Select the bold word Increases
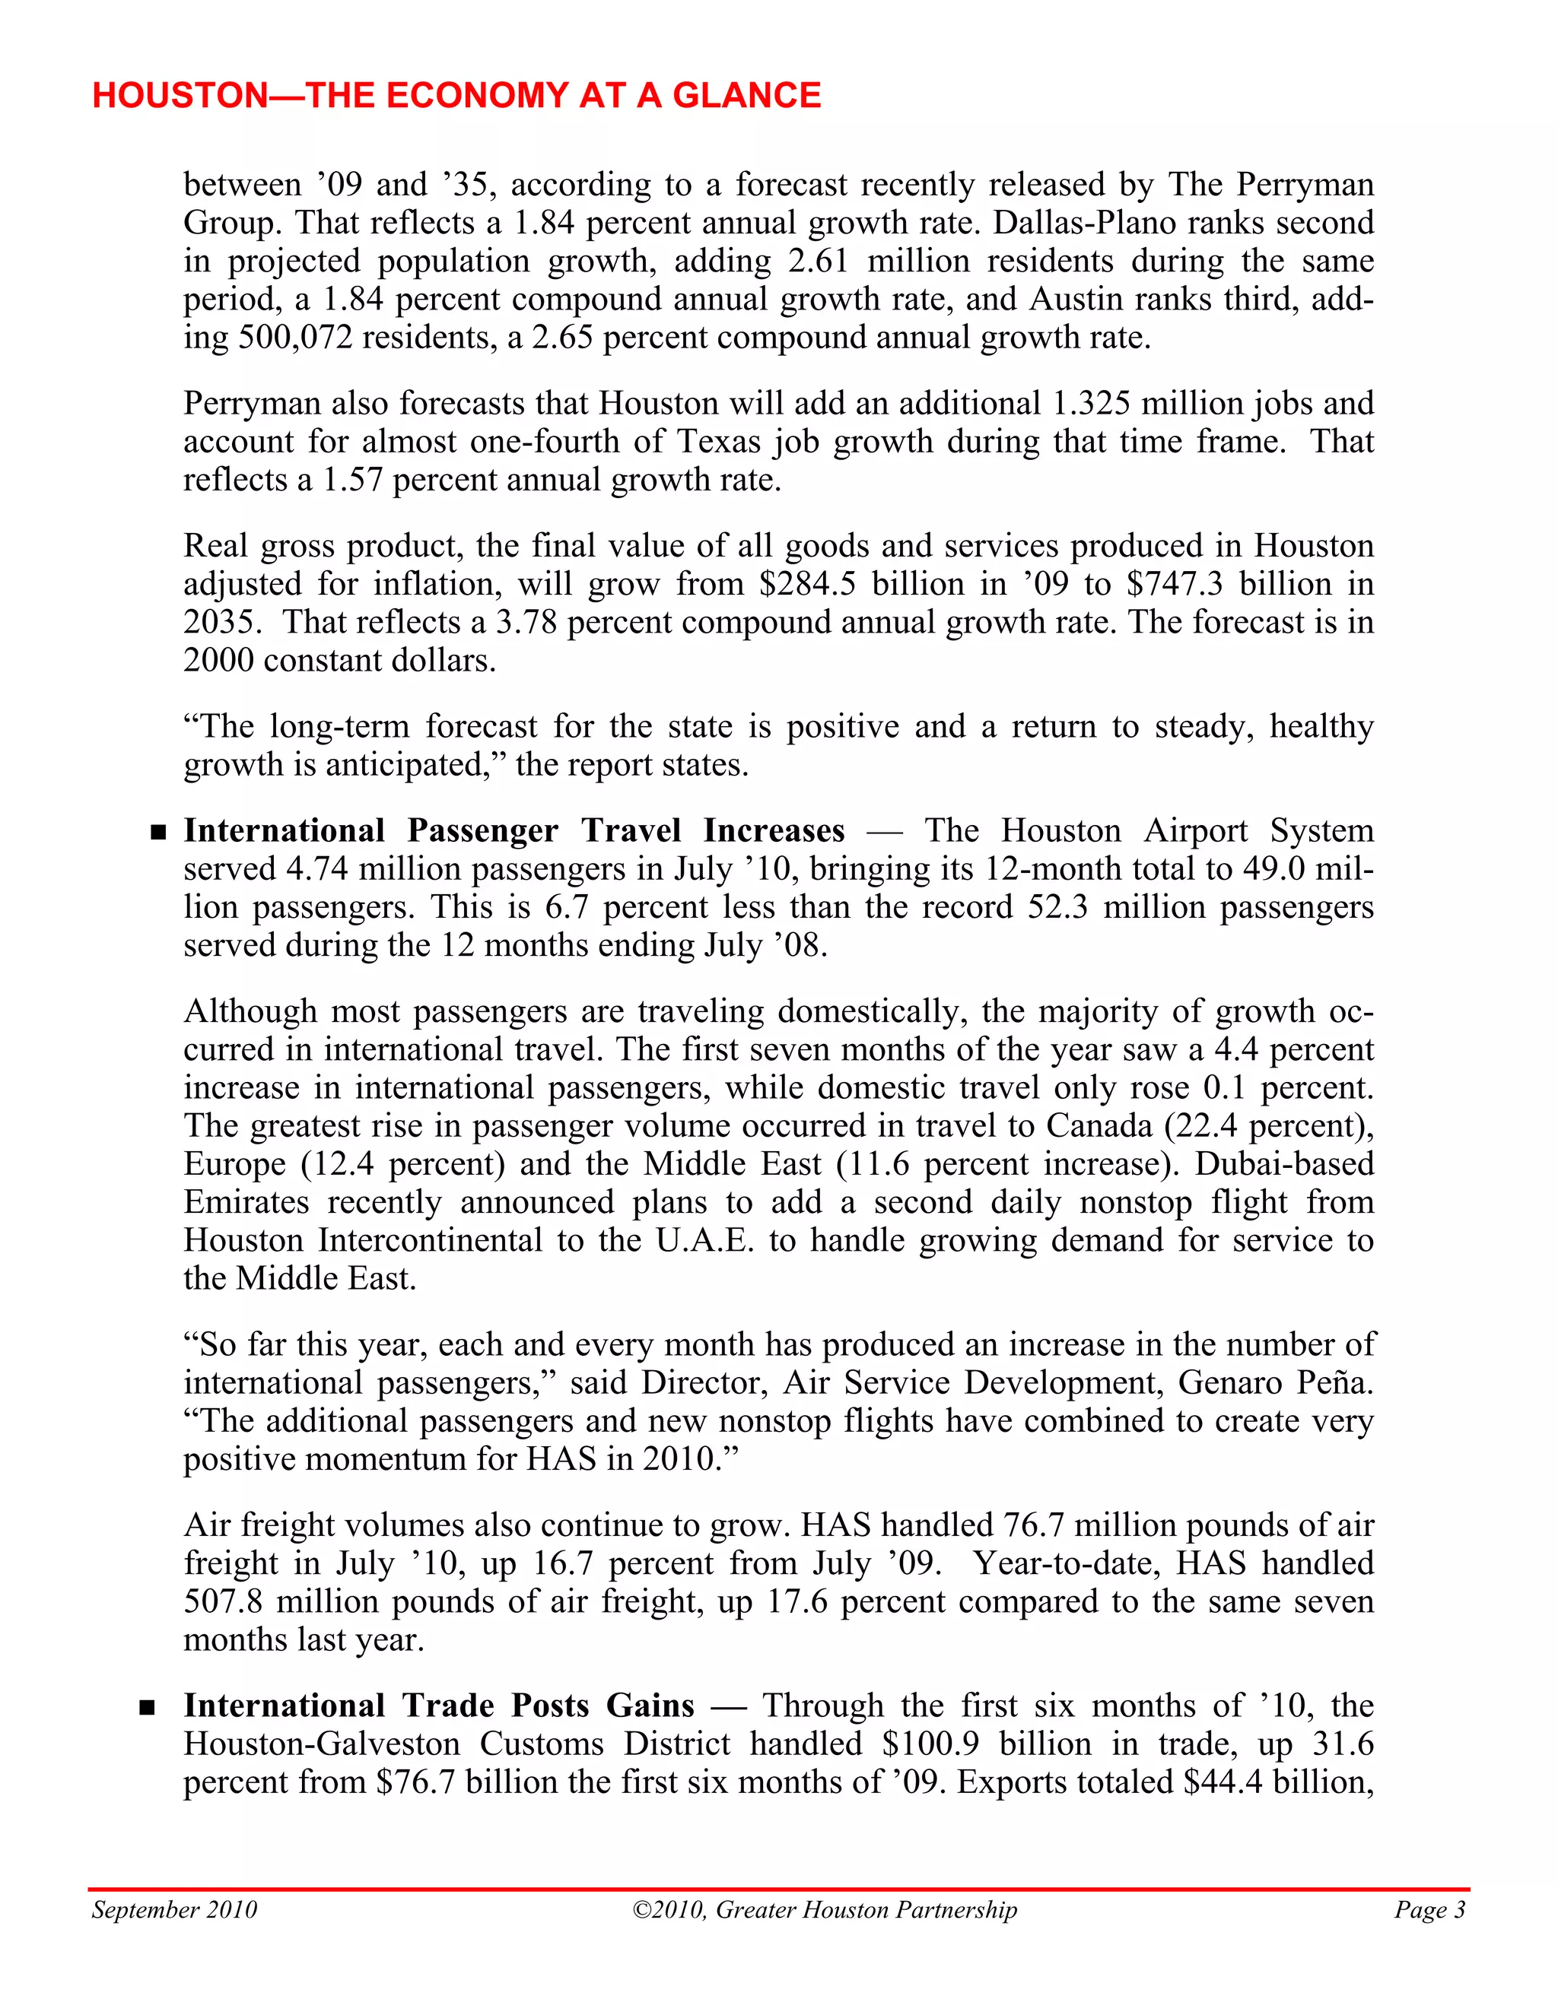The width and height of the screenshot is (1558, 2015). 774,831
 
